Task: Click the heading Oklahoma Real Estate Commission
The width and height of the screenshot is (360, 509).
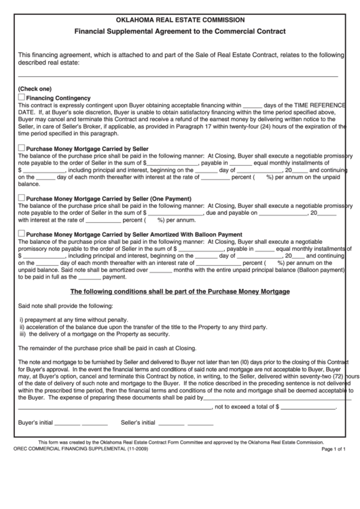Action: click(x=180, y=20)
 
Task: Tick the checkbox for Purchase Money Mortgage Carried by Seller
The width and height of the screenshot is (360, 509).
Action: click(x=22, y=147)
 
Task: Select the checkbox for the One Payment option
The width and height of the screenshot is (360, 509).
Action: click(x=22, y=197)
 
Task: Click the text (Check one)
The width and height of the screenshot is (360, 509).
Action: click(x=35, y=89)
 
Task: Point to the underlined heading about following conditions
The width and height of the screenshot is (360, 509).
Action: click(x=180, y=292)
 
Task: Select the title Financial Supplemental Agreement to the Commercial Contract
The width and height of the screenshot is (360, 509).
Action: click(x=180, y=32)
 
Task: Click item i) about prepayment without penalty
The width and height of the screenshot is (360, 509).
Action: click(x=73, y=319)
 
